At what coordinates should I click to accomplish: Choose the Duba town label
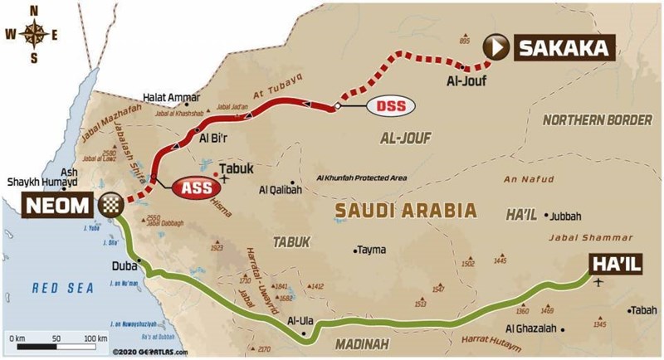(x=124, y=267)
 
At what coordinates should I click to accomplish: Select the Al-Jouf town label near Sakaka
(x=464, y=81)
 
